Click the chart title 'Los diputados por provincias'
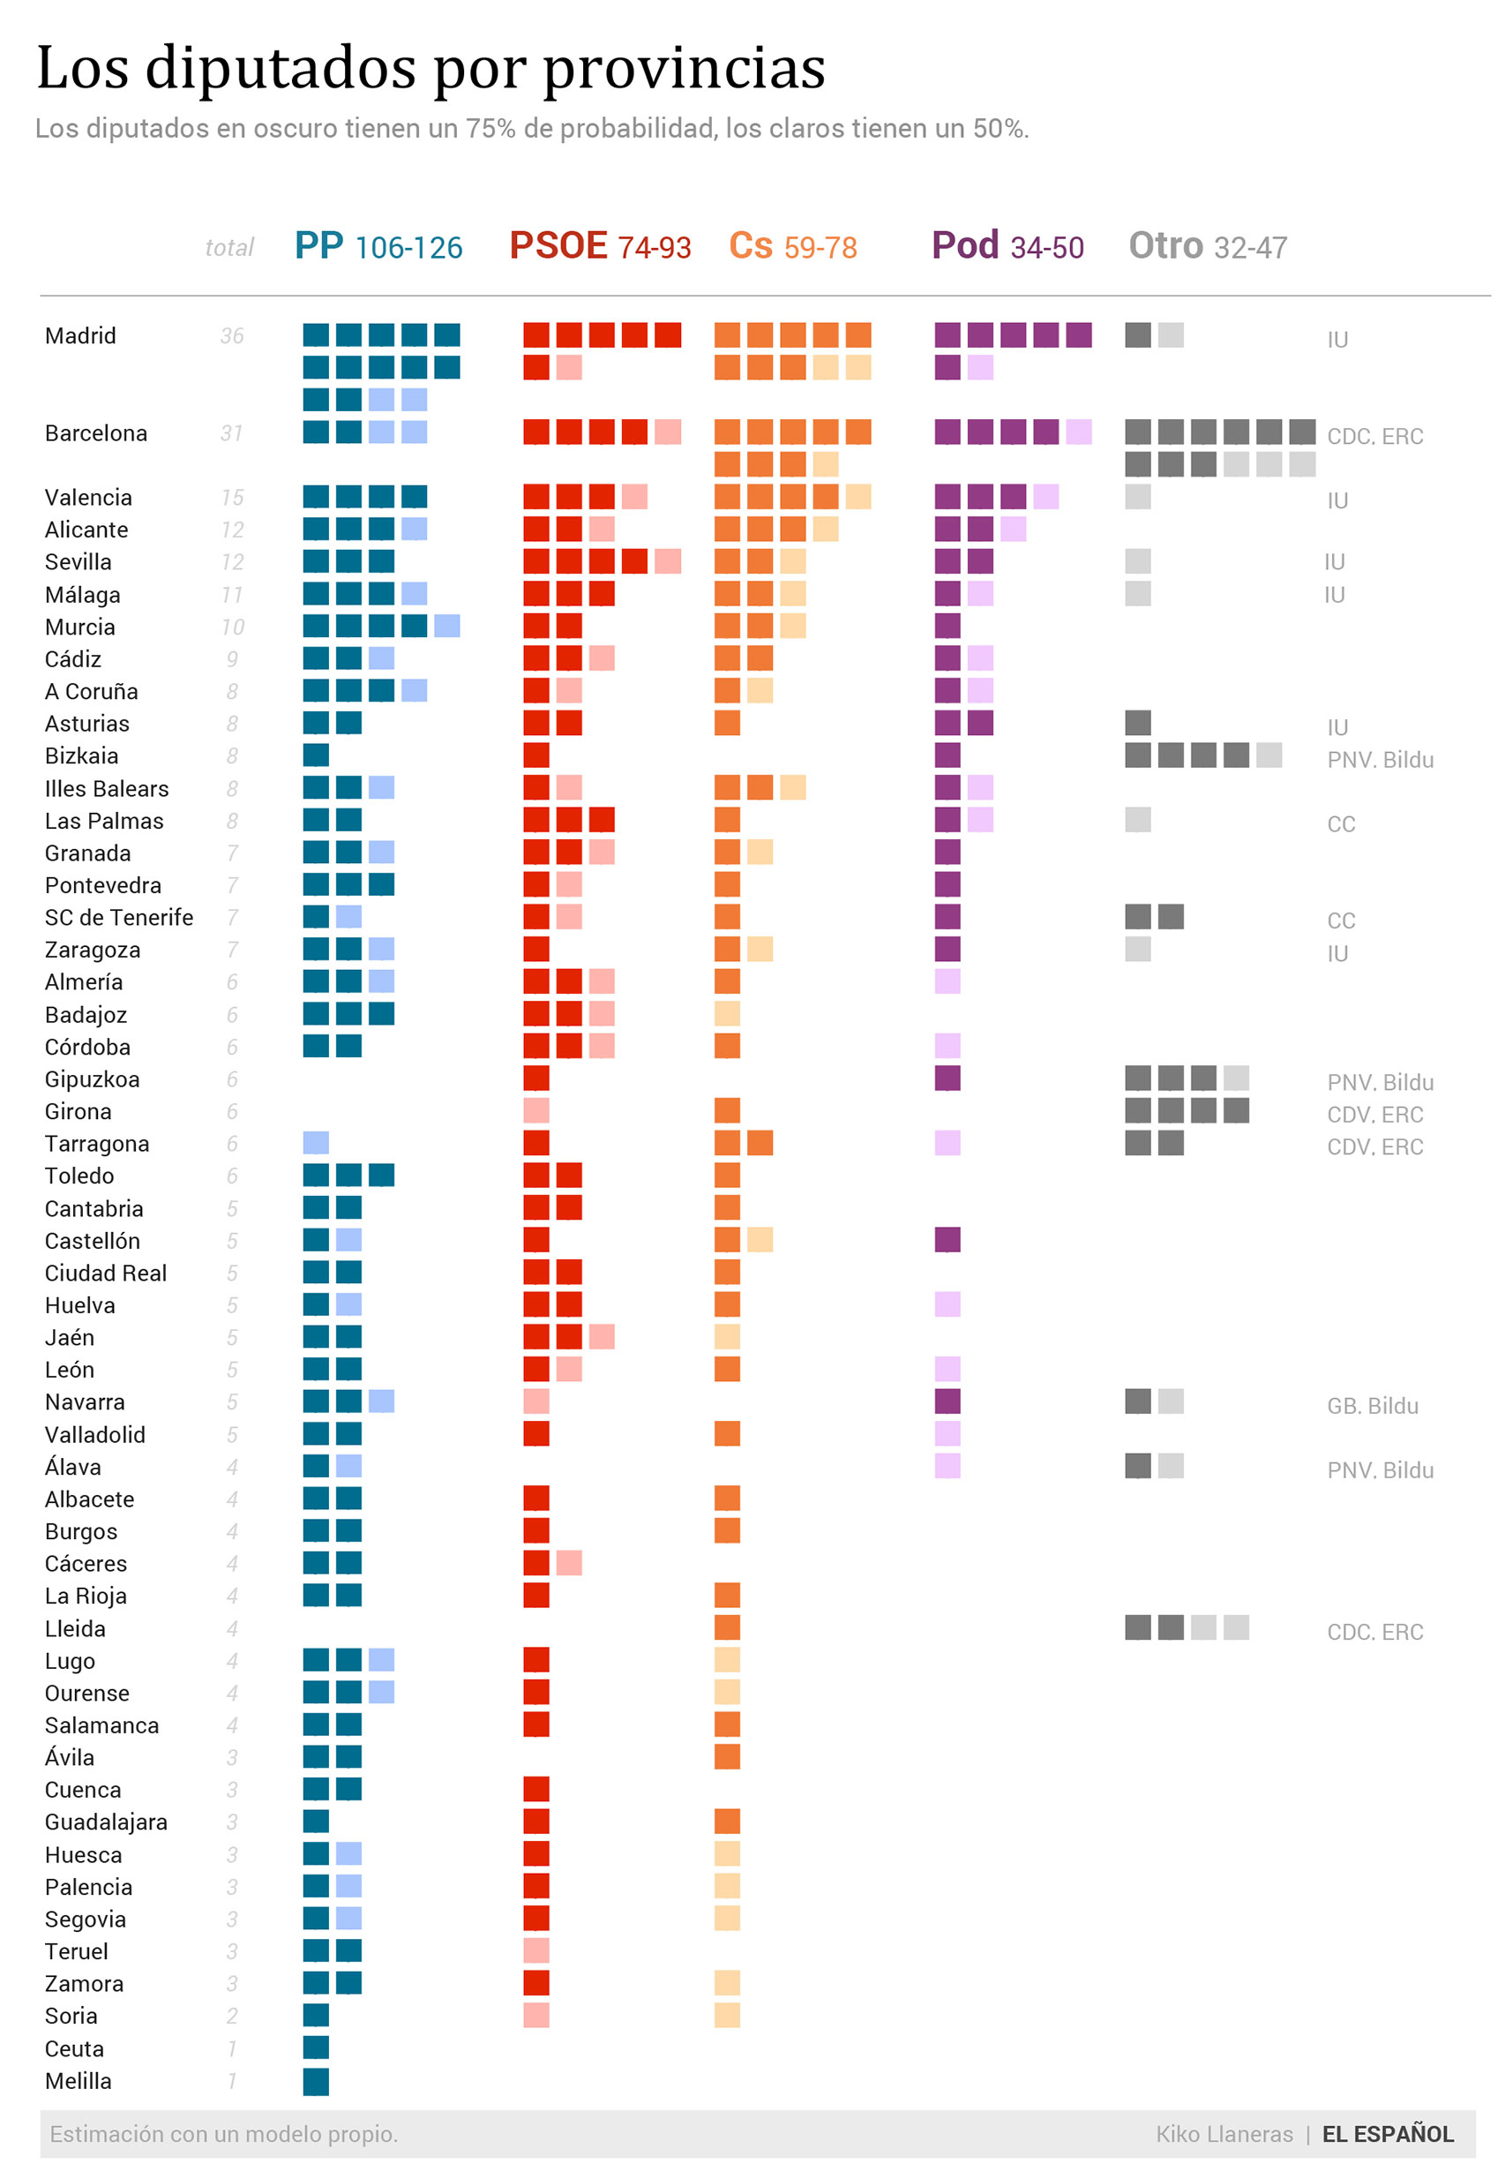431,68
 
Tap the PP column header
378,246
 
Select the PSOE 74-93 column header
600,246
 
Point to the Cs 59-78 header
792,246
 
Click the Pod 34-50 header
1007,246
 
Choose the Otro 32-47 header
1207,246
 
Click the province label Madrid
80,336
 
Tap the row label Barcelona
96,433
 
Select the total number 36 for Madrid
232,336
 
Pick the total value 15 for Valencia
232,497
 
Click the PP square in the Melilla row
316,2081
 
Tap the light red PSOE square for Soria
536,2016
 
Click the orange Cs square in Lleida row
727,1628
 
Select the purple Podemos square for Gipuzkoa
947,1078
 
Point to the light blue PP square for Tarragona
316,1143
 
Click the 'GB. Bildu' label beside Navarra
1372,1406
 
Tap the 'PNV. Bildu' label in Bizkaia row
1380,759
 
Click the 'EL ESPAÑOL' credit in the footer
1387,2134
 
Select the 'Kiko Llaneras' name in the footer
1224,2134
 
